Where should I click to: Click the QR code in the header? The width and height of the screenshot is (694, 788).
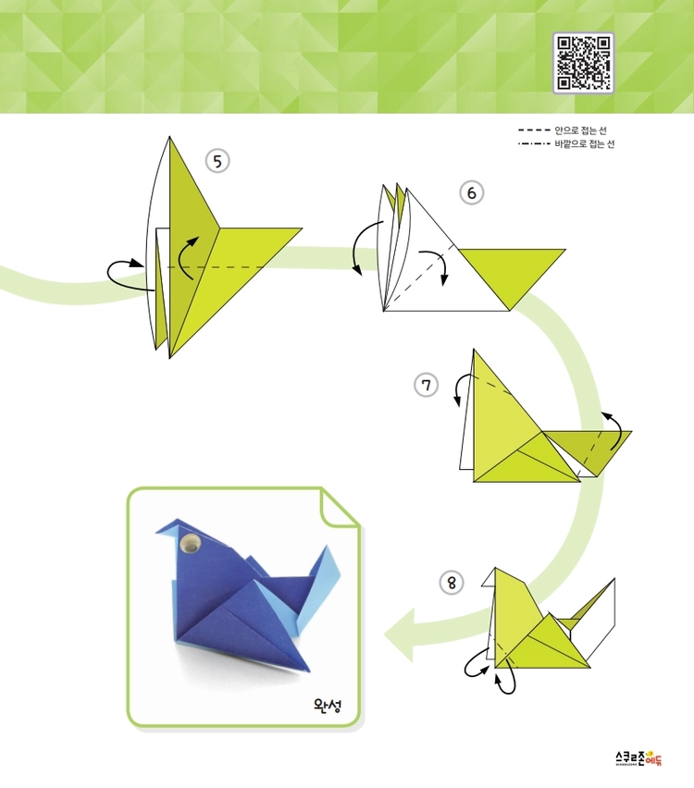coord(583,63)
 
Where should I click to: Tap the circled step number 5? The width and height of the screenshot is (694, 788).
coord(217,161)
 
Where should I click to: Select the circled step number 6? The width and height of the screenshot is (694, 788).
coord(471,193)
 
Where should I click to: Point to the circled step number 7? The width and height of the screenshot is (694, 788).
coord(426,386)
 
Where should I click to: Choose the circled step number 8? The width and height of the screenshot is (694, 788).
coord(452,583)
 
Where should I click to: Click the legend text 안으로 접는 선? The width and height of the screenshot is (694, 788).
coord(580,130)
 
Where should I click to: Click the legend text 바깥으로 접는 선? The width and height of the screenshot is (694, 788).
coord(585,144)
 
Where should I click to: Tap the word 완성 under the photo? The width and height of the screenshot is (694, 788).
coord(328,705)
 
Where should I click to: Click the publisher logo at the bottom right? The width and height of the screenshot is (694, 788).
coord(638,758)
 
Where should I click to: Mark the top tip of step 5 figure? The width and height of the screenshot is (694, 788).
coord(169,136)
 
